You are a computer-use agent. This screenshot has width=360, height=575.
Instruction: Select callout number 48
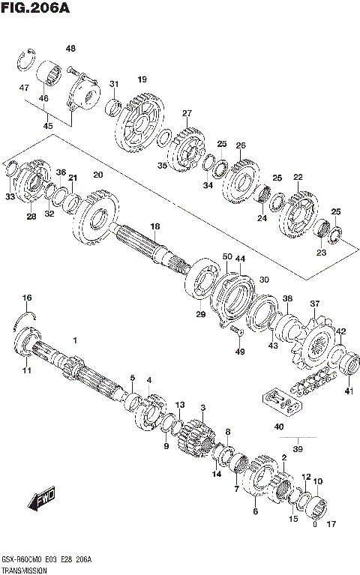[x=70, y=49]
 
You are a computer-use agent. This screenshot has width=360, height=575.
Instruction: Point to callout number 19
[x=142, y=79]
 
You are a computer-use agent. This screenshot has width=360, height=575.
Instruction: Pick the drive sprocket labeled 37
[x=314, y=349]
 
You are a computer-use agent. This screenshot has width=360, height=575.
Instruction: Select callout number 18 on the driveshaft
[x=154, y=226]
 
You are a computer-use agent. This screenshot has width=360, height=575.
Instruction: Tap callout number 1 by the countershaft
[x=75, y=341]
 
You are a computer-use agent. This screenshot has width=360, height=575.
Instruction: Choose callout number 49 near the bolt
[x=240, y=352]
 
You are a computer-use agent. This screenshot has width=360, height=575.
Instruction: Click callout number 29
[x=200, y=315]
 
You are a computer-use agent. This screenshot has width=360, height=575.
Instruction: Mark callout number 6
[x=255, y=511]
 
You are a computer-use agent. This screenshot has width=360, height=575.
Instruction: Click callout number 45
[x=48, y=126]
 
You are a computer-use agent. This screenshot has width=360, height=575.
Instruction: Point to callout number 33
[x=10, y=197]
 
